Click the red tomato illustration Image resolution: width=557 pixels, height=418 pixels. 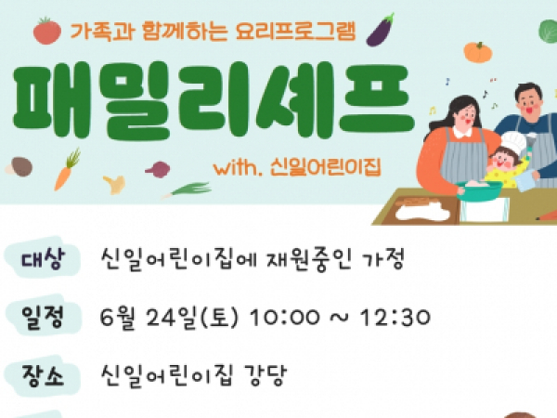click(47, 31)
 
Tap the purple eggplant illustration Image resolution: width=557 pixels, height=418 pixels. click(381, 31)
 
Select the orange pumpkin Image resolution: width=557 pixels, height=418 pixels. click(478, 52)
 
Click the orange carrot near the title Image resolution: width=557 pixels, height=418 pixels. click(67, 170)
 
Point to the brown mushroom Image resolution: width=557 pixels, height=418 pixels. click(19, 166)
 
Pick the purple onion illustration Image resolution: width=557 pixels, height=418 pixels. click(158, 169)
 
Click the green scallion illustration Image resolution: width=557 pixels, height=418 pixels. click(188, 189)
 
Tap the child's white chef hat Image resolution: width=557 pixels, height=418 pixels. click(513, 142)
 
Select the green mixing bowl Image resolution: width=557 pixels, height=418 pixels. click(479, 190)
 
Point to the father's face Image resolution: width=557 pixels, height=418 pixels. click(530, 102)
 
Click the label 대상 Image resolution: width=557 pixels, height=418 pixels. click(44, 258)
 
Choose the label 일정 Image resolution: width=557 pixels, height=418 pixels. click(43, 318)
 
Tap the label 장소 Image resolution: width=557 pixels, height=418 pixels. click(43, 376)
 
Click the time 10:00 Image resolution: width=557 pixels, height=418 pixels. click(285, 318)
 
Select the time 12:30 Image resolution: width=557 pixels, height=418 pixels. click(395, 318)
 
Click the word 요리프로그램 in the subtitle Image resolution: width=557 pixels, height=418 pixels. click(295, 32)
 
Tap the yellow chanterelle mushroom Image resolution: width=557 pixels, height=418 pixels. click(114, 184)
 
